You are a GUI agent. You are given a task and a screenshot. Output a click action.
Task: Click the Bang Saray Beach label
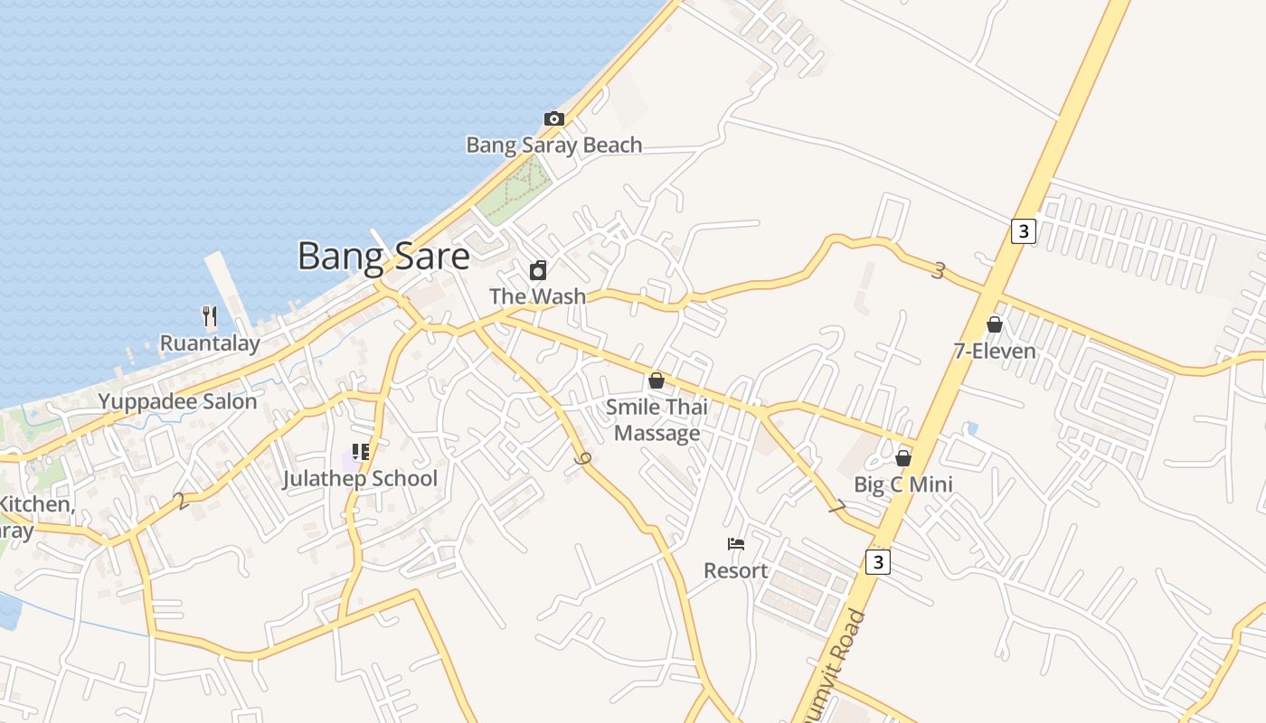coord(553,145)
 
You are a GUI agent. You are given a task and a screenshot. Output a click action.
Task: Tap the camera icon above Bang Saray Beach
coord(553,118)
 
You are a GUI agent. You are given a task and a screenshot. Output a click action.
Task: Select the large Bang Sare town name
coord(383,257)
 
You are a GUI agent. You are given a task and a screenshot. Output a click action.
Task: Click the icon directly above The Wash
coord(538,270)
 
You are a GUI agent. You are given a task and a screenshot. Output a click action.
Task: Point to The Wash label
coord(537,296)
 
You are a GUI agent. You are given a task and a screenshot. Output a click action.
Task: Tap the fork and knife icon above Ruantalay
coord(210,316)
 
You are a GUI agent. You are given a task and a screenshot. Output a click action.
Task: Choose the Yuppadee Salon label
coord(177,401)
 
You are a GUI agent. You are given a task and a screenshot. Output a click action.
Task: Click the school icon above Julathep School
coord(361,452)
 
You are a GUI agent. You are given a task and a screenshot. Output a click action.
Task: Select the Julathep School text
coord(360,478)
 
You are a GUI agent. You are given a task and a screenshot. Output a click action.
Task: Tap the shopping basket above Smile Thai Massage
coord(657,380)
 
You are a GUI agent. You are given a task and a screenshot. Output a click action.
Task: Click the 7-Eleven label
coord(995,351)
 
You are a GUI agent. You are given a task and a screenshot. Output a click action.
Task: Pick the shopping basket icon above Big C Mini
coord(902,458)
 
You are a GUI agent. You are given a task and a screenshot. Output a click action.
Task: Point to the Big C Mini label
coord(903,484)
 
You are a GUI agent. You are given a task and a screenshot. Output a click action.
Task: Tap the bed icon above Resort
coord(736,544)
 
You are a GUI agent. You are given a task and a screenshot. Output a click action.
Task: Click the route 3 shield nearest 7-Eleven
coord(1023,231)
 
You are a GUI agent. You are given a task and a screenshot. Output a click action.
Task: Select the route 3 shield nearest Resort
coord(877,562)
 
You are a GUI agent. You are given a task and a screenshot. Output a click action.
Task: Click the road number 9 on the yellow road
coord(583,460)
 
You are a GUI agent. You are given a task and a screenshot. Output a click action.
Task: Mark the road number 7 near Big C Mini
coord(836,509)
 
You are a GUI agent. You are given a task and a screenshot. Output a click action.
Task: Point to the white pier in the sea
coord(226,286)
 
